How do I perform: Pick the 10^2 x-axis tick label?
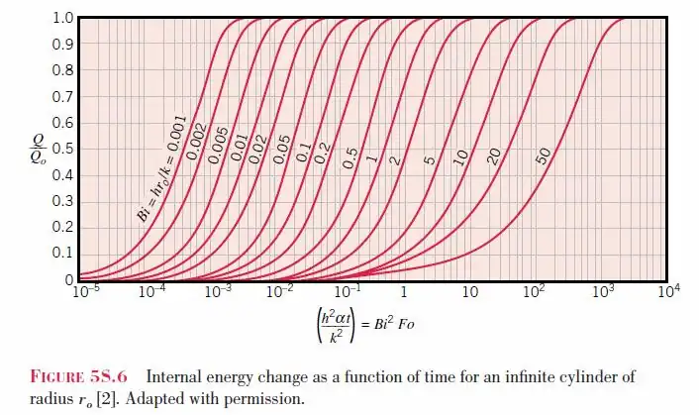536,293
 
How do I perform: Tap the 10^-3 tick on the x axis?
217,293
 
